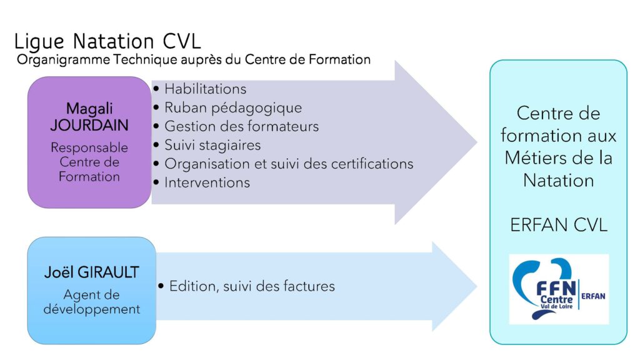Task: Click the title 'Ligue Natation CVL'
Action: [x=107, y=42]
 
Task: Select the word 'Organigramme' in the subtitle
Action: [x=63, y=60]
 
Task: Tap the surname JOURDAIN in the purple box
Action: [x=89, y=125]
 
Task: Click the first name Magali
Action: [x=89, y=109]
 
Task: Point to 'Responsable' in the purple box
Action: [x=89, y=147]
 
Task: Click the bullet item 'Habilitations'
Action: [x=205, y=89]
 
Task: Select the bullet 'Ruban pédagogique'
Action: [x=233, y=107]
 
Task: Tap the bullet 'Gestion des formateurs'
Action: [x=242, y=126]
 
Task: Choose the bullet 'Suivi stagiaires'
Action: [x=212, y=145]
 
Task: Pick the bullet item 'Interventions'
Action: [x=207, y=182]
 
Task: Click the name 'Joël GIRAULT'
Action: [x=91, y=272]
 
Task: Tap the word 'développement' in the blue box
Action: [x=91, y=309]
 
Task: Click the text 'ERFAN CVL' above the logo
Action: [x=559, y=225]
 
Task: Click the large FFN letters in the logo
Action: [x=556, y=288]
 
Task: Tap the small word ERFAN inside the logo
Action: [x=593, y=296]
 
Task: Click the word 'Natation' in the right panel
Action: [x=558, y=181]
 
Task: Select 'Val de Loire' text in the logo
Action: [x=557, y=306]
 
